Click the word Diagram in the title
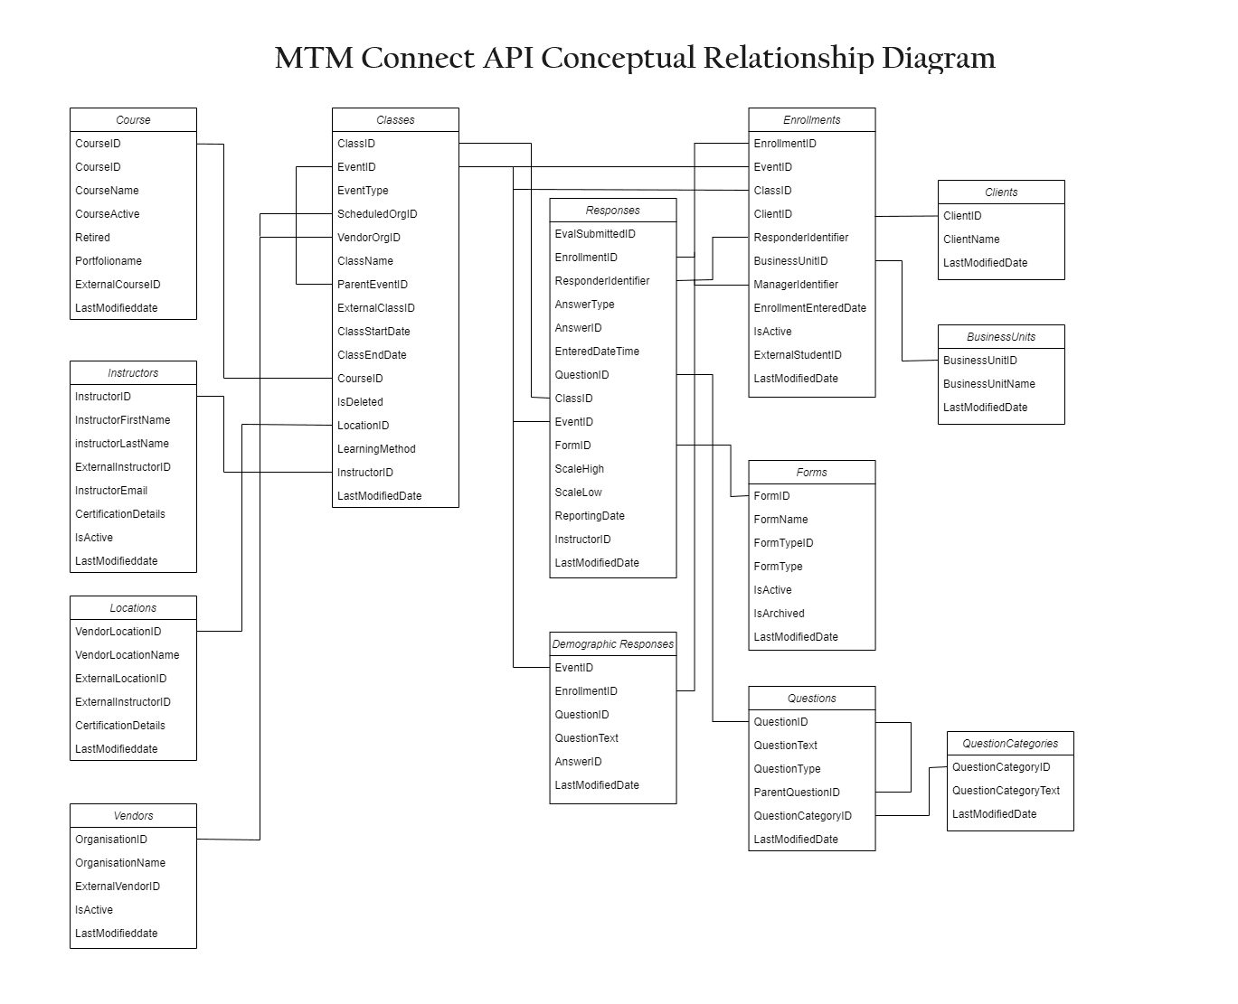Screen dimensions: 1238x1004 point(938,59)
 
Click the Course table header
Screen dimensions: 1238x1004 point(133,119)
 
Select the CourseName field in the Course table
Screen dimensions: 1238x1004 point(107,191)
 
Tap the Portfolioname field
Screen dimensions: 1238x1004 point(109,261)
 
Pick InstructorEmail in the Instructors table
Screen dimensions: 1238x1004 point(111,490)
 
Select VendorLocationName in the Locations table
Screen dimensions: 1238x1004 point(128,654)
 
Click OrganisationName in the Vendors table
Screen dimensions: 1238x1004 point(120,862)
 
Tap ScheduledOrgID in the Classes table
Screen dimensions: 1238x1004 point(377,213)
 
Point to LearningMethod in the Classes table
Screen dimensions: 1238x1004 point(376,449)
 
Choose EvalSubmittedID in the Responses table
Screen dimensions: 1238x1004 point(595,233)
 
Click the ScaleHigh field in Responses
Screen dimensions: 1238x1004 point(579,469)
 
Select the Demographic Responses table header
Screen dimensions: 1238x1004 point(612,644)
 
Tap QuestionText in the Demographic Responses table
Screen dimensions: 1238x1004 point(587,737)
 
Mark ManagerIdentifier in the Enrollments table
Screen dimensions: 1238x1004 point(796,284)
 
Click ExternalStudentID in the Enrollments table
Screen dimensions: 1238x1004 point(798,355)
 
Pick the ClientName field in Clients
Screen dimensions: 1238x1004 point(971,239)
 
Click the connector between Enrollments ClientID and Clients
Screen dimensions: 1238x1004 point(907,216)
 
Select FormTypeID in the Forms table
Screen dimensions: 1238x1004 point(783,542)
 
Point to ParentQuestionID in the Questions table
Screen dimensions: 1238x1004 point(797,792)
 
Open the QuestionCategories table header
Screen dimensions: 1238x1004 point(1010,743)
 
